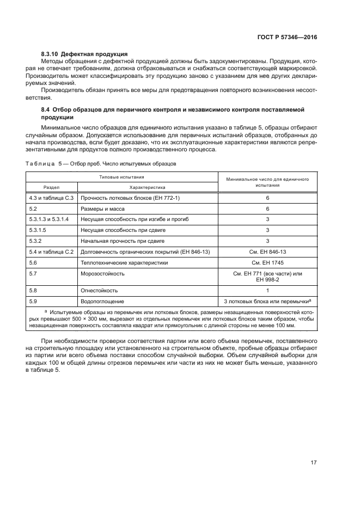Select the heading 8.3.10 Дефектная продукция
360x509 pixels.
click(84, 54)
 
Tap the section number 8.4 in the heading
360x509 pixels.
click(47, 109)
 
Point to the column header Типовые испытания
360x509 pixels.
click(121, 177)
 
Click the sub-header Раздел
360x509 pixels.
click(52, 186)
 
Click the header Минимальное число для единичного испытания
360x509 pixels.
click(267, 181)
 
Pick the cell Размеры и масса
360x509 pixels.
click(103, 208)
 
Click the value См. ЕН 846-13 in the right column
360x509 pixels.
click(267, 252)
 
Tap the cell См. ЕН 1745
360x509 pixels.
click(267, 262)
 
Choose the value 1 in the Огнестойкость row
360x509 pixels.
click(267, 290)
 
